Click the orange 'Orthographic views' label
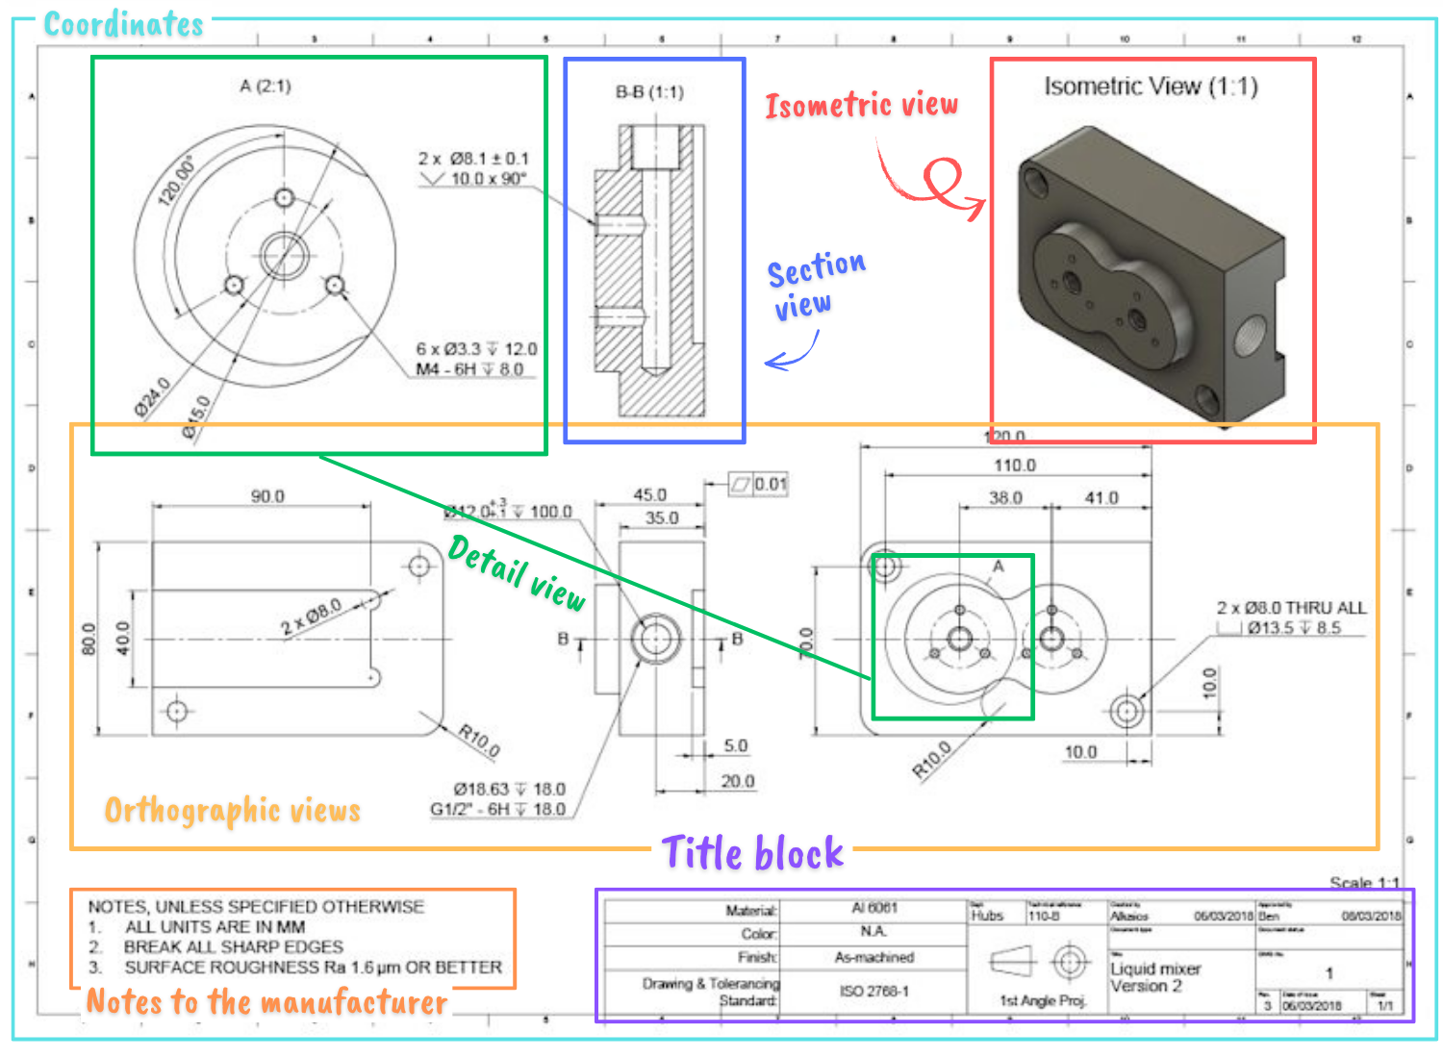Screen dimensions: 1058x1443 [232, 810]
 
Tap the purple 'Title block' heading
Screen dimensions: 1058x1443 [752, 853]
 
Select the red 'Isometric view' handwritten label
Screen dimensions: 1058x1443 [861, 104]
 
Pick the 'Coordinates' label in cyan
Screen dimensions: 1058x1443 [123, 24]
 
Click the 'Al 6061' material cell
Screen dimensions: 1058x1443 [873, 908]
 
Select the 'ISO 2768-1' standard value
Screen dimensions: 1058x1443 [873, 991]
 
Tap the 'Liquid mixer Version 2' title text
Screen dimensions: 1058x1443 [1155, 977]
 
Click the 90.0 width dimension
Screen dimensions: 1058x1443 [267, 496]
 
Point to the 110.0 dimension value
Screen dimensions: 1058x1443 [1014, 466]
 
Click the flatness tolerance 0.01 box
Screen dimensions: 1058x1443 [759, 484]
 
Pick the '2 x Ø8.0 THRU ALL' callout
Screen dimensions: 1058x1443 [1291, 608]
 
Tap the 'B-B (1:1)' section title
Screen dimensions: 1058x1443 [649, 92]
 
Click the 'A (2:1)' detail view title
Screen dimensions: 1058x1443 [266, 87]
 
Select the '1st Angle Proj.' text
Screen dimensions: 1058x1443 [1043, 1000]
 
